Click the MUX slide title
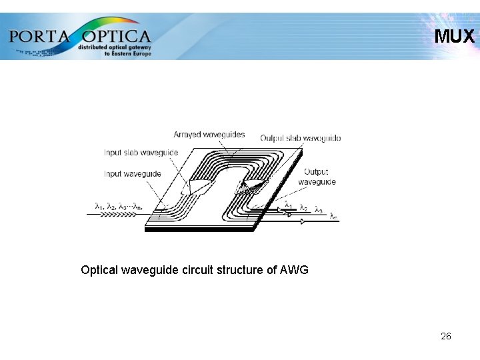455,36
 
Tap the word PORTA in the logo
39,35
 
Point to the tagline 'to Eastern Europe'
128,53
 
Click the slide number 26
446,336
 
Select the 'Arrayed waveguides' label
209,135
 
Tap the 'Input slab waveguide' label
141,153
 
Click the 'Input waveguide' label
132,174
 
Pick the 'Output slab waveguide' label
300,138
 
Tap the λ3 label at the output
318,210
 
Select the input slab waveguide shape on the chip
199,186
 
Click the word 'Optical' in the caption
99,270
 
